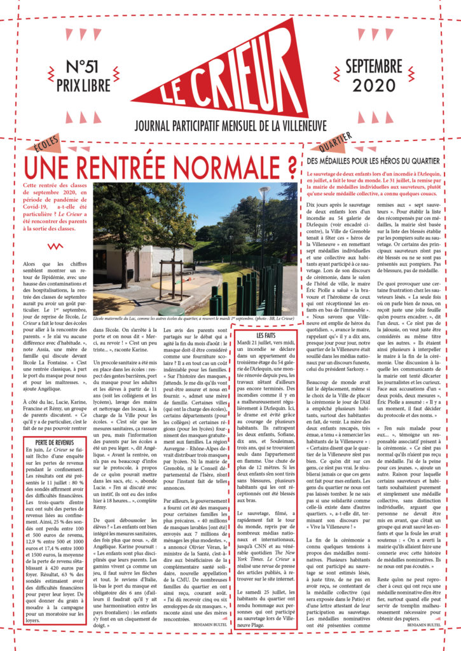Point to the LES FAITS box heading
(x=270, y=334)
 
